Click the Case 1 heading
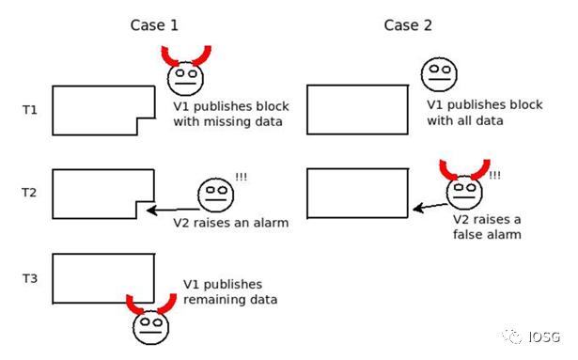click(x=154, y=25)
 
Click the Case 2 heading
click(x=408, y=25)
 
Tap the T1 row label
click(x=30, y=110)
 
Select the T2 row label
click(x=29, y=193)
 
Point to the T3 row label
click(x=30, y=278)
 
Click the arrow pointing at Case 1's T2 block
click(x=173, y=211)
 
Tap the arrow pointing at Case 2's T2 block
click(x=430, y=207)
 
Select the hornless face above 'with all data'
click(x=439, y=74)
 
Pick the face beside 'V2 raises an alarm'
click(x=215, y=196)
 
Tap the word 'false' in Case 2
click(x=469, y=235)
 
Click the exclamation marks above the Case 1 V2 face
click(x=242, y=177)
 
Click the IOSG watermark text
click(x=544, y=337)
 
